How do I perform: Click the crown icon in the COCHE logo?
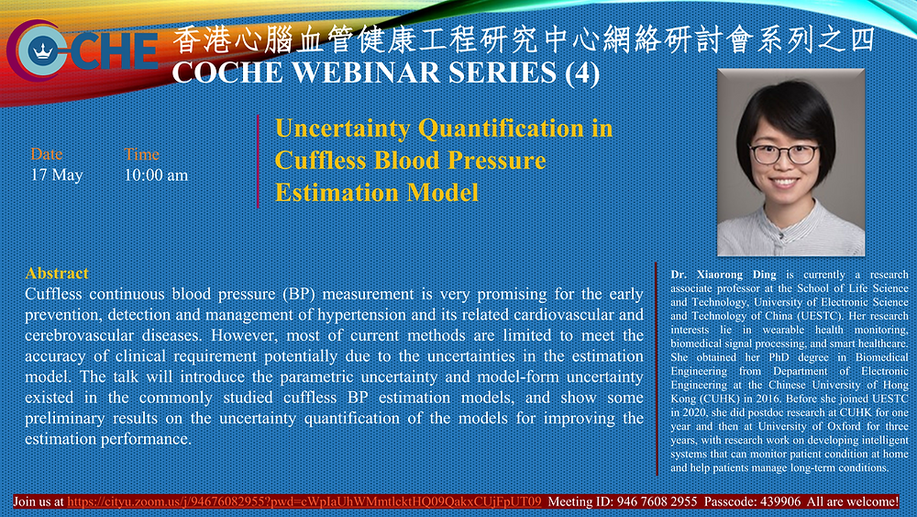(43, 51)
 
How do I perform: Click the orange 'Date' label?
(47, 154)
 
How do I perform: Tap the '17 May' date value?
(57, 175)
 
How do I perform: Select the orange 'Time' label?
(141, 154)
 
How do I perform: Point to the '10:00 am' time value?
(156, 175)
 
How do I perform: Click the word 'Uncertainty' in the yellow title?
(342, 129)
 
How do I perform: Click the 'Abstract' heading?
(57, 274)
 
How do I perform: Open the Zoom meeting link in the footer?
(304, 501)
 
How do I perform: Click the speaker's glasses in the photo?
(784, 154)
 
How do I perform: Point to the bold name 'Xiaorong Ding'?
(736, 275)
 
